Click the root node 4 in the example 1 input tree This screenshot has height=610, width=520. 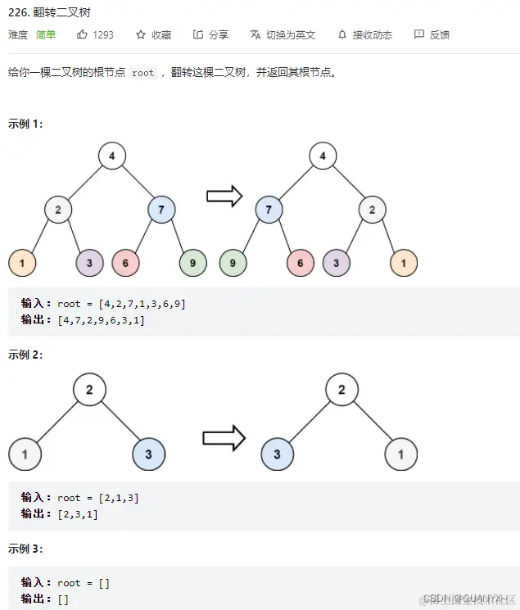[111, 156]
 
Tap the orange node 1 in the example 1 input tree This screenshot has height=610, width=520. [21, 263]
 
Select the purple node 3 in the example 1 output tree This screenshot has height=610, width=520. [336, 263]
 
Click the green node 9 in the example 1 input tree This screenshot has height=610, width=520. [192, 263]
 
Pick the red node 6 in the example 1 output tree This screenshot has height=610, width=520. [301, 263]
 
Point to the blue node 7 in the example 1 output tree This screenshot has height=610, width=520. [269, 210]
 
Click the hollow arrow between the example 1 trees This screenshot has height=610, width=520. [224, 196]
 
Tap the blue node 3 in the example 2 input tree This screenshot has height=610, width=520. [148, 454]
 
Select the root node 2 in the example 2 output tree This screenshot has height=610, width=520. [341, 390]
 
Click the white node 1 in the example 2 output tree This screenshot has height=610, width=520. [400, 454]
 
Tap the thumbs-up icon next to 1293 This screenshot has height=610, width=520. [82, 34]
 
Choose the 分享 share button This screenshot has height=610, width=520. [210, 34]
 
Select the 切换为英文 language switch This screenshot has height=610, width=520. [282, 34]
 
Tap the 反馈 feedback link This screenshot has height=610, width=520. [432, 34]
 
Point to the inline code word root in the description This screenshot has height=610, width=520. [142, 73]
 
